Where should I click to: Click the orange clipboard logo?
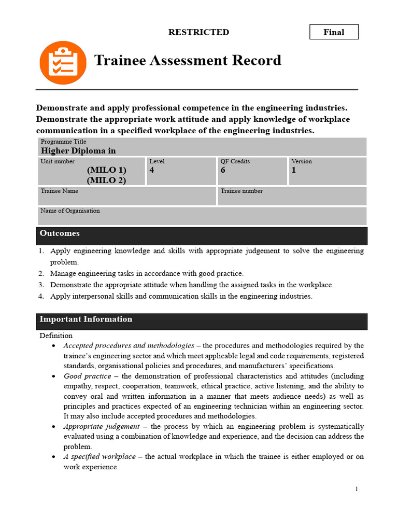point(63,63)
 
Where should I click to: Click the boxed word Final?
point(334,32)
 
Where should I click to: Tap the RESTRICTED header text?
point(198,32)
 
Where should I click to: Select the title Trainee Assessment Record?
point(188,61)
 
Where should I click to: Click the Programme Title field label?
point(63,142)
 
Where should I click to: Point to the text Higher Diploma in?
point(78,151)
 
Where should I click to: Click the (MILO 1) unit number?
point(106,170)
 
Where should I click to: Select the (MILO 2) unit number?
point(106,180)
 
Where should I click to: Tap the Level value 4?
point(152,170)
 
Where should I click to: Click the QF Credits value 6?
point(223,170)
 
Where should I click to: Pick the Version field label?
point(302,161)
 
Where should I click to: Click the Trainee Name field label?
point(60,191)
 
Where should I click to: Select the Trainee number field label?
point(241,191)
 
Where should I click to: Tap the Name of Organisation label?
point(70,211)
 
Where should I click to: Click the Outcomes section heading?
point(60,233)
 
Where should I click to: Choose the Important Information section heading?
point(86,319)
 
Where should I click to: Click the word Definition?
point(56,336)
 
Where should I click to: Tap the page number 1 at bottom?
point(357,489)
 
